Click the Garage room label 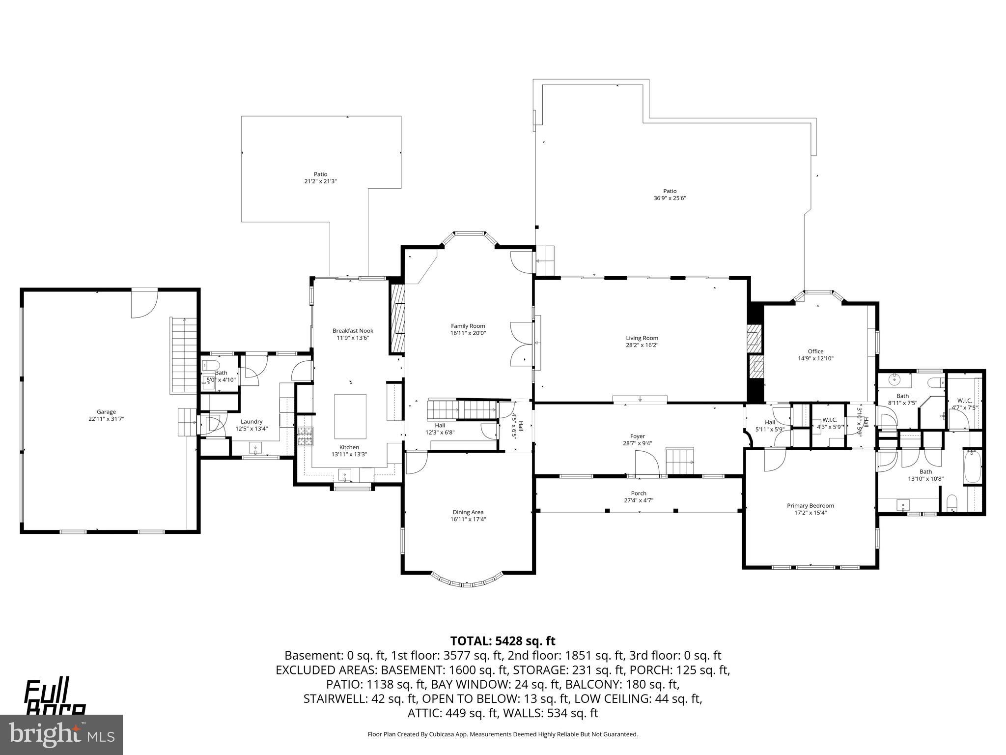coord(106,412)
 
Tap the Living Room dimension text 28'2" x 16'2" coord(642,345)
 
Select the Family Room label coord(468,326)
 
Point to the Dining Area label coord(468,512)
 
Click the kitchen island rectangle coord(350,416)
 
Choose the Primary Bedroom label coord(810,505)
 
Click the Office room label coord(815,351)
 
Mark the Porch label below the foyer coord(638,493)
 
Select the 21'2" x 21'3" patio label coord(320,181)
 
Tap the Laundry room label coord(251,421)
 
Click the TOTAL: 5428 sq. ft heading coord(503,641)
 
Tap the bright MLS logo coord(61,734)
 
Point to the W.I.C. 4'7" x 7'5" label coord(964,404)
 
